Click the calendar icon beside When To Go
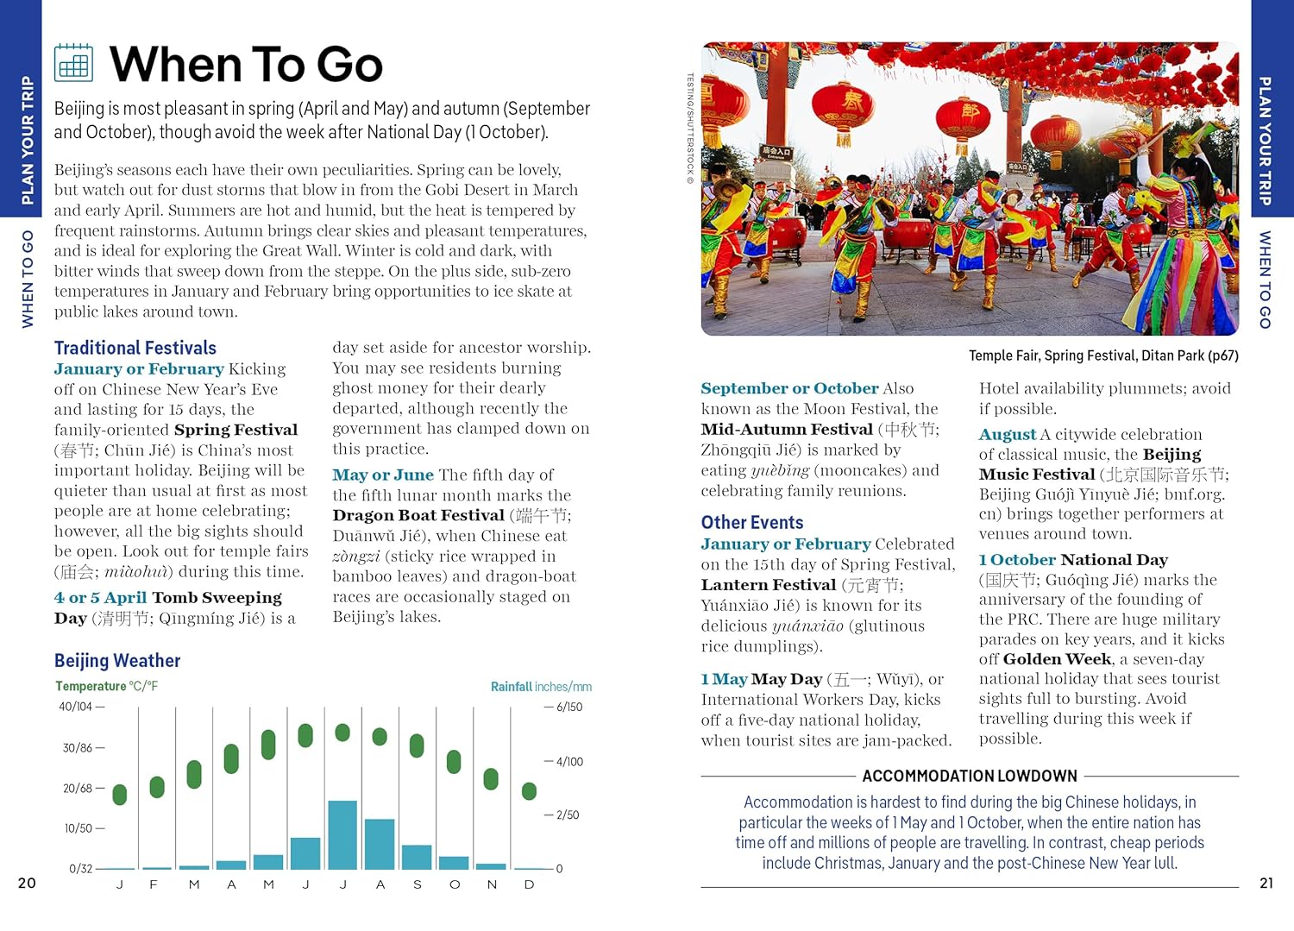[73, 63]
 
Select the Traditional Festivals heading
[135, 348]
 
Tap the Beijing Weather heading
[117, 661]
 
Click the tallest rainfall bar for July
[342, 834]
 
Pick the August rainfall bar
[380, 843]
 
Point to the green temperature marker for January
[120, 794]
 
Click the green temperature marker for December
[529, 790]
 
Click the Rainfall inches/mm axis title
[541, 687]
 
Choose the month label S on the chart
[418, 884]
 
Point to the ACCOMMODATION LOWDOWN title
[970, 776]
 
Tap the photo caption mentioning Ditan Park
[1103, 355]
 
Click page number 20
[28, 883]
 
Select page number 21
[1266, 883]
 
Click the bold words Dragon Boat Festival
[418, 515]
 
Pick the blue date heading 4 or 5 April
[100, 597]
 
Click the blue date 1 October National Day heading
[1073, 560]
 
